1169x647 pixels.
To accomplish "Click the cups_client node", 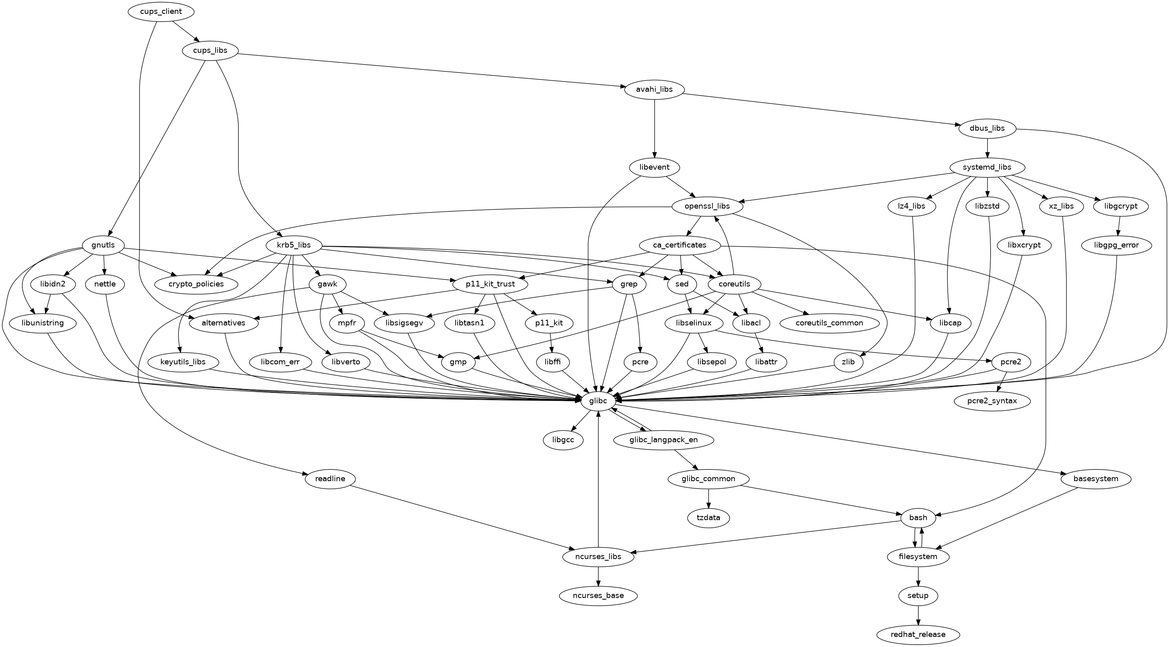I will click(161, 11).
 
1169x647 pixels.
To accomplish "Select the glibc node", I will click(598, 401).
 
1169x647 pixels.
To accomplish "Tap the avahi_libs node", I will click(654, 90).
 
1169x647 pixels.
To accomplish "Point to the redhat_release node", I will click(918, 634).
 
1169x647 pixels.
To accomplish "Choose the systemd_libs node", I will click(987, 167).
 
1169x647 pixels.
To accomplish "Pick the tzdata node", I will click(709, 518).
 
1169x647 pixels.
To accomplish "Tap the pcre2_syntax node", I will click(992, 401).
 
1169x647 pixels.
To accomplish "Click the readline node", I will click(330, 479).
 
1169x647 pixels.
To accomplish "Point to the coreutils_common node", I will click(829, 323).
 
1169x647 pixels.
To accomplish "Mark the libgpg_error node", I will click(1116, 245).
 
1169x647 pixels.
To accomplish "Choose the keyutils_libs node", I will click(183, 362).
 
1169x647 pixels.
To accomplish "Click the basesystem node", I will click(1096, 479).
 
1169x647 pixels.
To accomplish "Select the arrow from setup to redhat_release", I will click(918, 615).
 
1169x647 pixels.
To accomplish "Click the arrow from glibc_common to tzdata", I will click(709, 498).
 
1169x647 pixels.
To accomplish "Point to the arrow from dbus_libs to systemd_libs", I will click(987, 148).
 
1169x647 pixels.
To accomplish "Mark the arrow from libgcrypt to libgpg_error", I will click(1119, 226).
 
